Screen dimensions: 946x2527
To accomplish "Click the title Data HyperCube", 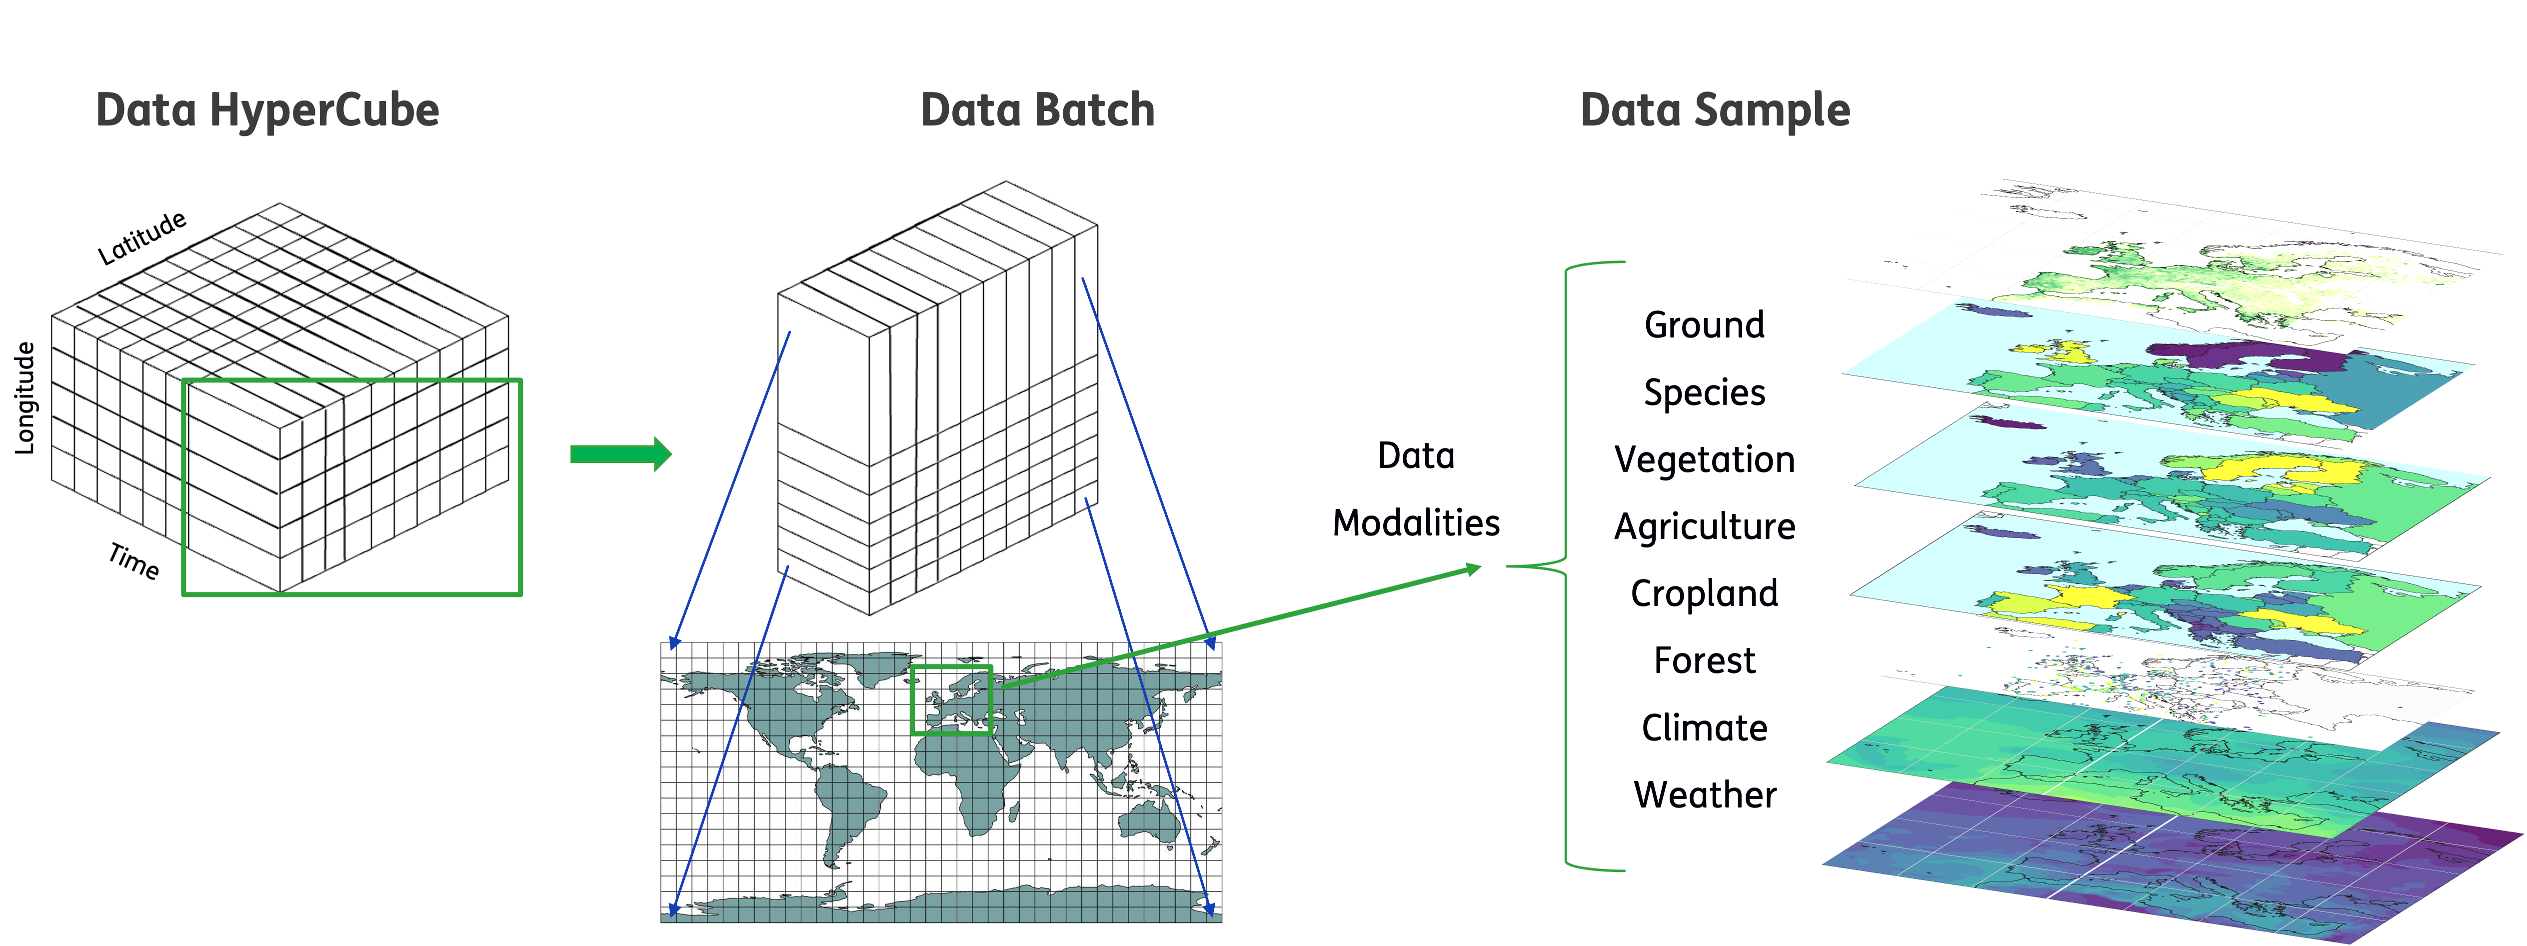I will pos(267,110).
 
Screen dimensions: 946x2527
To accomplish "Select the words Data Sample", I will pos(1715,110).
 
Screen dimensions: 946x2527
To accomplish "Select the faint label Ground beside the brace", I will pos(1705,324).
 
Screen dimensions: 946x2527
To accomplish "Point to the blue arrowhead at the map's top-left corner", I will pos(673,644).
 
